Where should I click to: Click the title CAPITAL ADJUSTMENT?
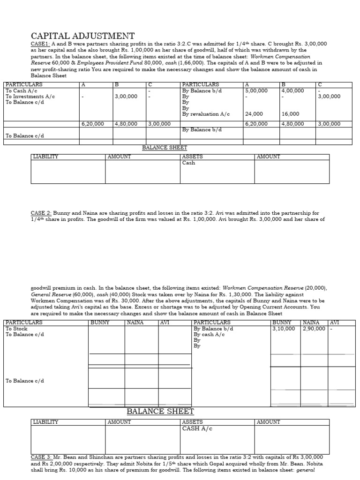[82, 36]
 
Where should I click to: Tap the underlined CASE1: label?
[40, 44]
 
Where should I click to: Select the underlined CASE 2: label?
[41, 213]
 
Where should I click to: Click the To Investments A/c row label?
[30, 96]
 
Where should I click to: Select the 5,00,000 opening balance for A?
[256, 90]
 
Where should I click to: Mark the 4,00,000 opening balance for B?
[292, 90]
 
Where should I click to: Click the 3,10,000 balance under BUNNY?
[284, 329]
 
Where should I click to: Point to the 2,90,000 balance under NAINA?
[314, 329]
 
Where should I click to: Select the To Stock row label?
[17, 329]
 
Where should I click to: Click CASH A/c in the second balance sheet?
[197, 428]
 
